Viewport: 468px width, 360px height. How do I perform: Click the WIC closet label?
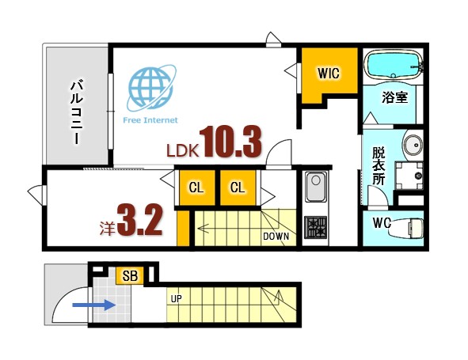tap(329, 74)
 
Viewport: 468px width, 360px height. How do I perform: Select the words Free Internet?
tap(150, 120)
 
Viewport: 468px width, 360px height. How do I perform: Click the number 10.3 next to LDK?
tap(230, 142)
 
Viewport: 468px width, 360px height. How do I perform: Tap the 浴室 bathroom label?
tap(394, 99)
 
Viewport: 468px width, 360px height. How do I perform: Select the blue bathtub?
tap(394, 65)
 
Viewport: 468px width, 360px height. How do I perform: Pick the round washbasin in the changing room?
tap(412, 146)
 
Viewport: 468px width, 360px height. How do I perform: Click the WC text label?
tap(382, 223)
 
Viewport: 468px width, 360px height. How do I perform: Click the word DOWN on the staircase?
tap(276, 235)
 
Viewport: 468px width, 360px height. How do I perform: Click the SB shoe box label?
tap(131, 276)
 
